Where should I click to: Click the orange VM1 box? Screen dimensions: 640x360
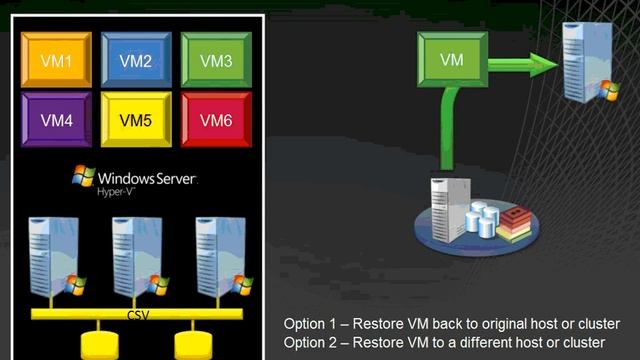tap(56, 60)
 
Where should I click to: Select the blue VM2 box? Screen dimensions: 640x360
tap(136, 60)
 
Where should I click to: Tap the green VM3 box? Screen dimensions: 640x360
tap(216, 60)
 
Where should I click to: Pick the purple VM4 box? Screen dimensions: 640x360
tap(56, 120)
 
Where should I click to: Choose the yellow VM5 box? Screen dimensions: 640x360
tap(136, 120)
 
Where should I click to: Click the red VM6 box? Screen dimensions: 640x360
tap(216, 120)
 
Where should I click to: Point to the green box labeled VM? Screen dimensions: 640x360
tap(452, 60)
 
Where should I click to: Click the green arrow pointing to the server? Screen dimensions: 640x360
tap(523, 64)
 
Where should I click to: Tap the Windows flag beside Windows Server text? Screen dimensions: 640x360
tap(84, 176)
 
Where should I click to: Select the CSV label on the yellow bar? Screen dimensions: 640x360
tap(138, 315)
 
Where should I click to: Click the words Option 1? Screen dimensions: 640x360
tap(310, 324)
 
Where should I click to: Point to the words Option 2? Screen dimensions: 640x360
tap(310, 342)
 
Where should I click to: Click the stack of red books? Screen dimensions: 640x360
tap(514, 224)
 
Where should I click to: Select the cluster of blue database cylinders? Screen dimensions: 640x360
tap(482, 218)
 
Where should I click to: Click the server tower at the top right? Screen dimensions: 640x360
tap(590, 62)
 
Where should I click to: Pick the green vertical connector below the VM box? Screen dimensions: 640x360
tap(448, 128)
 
